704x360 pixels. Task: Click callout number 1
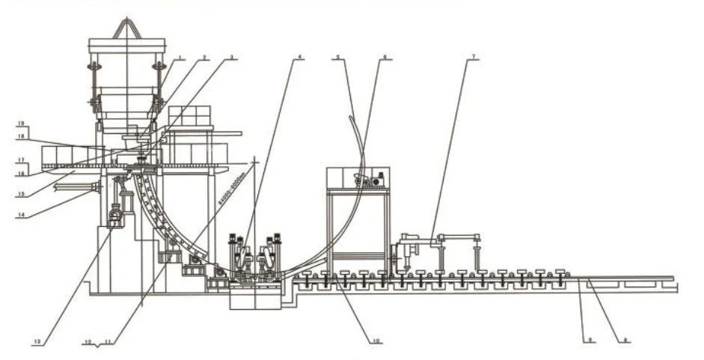180,58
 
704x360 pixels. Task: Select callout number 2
204,58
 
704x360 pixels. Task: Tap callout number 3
233,58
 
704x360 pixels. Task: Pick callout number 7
469,58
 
